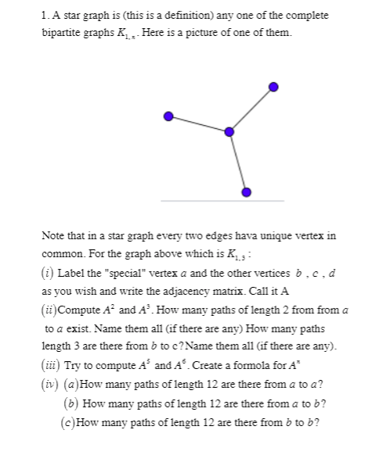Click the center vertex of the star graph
(229, 131)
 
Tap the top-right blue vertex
(273, 86)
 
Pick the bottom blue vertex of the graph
(247, 192)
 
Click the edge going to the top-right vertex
(251, 109)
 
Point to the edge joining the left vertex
(198, 124)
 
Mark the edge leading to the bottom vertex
(238, 162)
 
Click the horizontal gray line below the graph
(222, 202)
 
